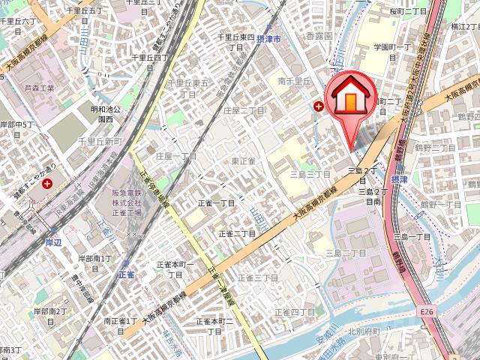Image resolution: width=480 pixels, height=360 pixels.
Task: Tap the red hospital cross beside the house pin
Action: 320,107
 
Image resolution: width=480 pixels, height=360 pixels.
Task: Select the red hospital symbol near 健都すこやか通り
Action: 47,183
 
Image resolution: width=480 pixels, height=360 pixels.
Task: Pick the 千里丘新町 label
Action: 100,142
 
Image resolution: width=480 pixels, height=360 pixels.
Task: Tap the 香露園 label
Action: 318,36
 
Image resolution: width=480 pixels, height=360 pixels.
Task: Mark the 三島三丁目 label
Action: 310,173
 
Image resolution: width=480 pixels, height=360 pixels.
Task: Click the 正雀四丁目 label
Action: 294,311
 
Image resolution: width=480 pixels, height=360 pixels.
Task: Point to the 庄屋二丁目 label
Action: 244,109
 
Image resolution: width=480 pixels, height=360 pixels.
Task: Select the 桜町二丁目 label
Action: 409,12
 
